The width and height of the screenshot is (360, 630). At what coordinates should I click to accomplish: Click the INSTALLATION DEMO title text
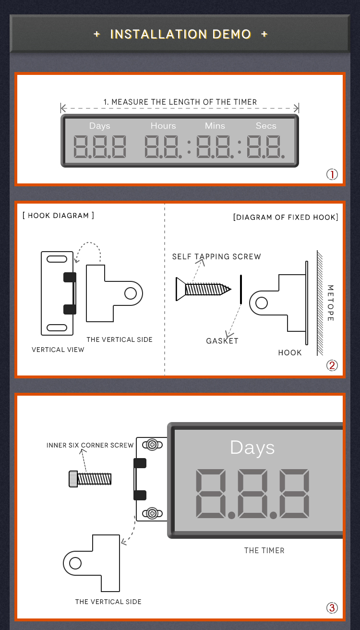click(x=180, y=34)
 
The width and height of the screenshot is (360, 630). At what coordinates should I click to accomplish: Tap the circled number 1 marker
click(x=332, y=174)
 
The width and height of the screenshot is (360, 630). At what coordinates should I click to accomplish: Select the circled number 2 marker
click(x=332, y=365)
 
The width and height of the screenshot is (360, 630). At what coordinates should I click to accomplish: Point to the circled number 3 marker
click(x=332, y=608)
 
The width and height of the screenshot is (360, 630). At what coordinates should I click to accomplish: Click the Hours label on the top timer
click(x=163, y=126)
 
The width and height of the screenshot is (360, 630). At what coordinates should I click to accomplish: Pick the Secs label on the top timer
click(x=266, y=126)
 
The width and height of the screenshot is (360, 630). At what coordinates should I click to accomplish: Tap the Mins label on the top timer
click(x=215, y=126)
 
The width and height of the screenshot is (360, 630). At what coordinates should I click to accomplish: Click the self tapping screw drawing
click(x=204, y=289)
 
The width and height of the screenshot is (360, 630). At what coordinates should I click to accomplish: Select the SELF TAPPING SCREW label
click(x=216, y=256)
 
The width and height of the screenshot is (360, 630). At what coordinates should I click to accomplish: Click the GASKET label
click(x=222, y=341)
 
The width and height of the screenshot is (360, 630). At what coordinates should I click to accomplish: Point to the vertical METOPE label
click(x=330, y=303)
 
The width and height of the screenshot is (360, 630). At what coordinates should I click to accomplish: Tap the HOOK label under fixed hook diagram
click(x=290, y=352)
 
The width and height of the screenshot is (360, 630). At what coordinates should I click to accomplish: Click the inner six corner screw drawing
click(x=90, y=479)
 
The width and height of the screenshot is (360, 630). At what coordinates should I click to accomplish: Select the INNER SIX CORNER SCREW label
click(x=90, y=445)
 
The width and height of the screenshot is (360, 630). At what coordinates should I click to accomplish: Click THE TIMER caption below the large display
click(x=264, y=550)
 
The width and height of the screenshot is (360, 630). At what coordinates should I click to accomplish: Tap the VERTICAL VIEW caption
click(x=58, y=350)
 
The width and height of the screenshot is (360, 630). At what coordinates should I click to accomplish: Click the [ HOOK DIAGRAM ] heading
click(x=58, y=216)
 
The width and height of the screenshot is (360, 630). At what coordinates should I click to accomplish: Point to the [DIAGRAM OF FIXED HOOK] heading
click(x=286, y=217)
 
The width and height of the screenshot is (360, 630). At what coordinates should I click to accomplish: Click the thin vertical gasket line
click(x=241, y=290)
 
